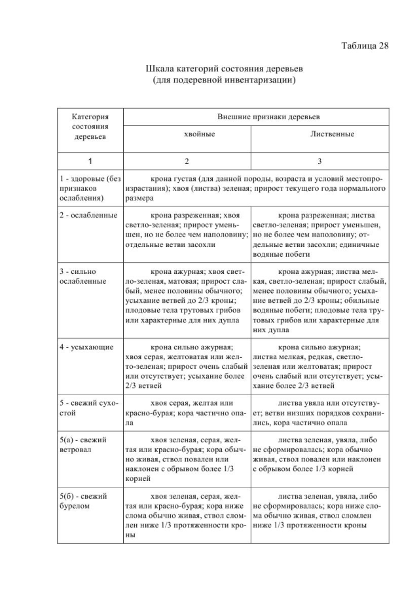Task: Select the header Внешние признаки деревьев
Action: (x=268, y=116)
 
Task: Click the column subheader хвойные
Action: (x=186, y=134)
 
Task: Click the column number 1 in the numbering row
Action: (x=90, y=161)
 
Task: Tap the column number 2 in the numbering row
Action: (x=186, y=161)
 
